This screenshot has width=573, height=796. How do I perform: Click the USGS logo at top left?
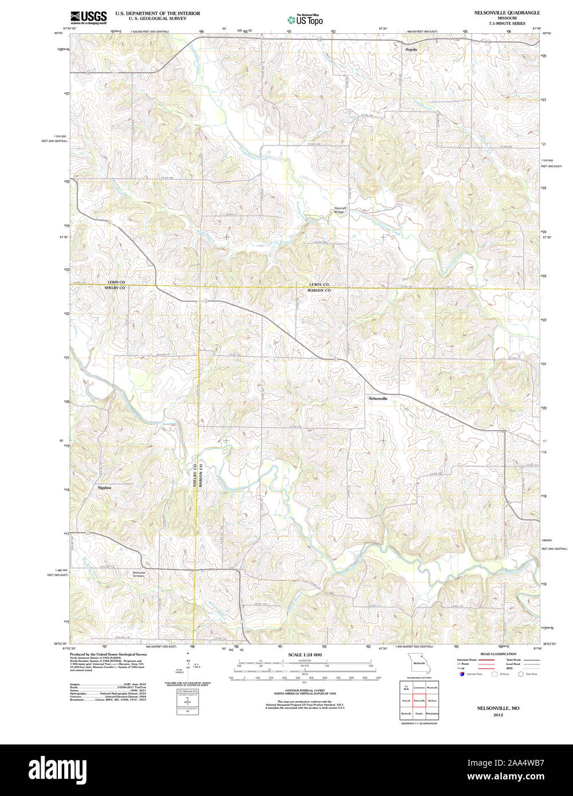pos(88,17)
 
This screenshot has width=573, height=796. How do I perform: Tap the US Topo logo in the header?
pos(305,19)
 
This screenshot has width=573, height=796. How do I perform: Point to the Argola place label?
pos(411,50)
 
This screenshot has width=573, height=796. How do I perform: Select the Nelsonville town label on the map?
pos(378,398)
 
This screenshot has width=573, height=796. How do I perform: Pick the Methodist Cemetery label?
pos(139,574)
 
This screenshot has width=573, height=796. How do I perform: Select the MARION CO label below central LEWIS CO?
pos(319,291)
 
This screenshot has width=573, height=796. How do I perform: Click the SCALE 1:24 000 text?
pos(305,655)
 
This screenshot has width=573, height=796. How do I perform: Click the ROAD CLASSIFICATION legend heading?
pos(497,654)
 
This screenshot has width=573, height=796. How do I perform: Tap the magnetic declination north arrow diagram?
pos(188,667)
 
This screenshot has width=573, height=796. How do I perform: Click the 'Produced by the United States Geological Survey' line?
pos(108,654)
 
